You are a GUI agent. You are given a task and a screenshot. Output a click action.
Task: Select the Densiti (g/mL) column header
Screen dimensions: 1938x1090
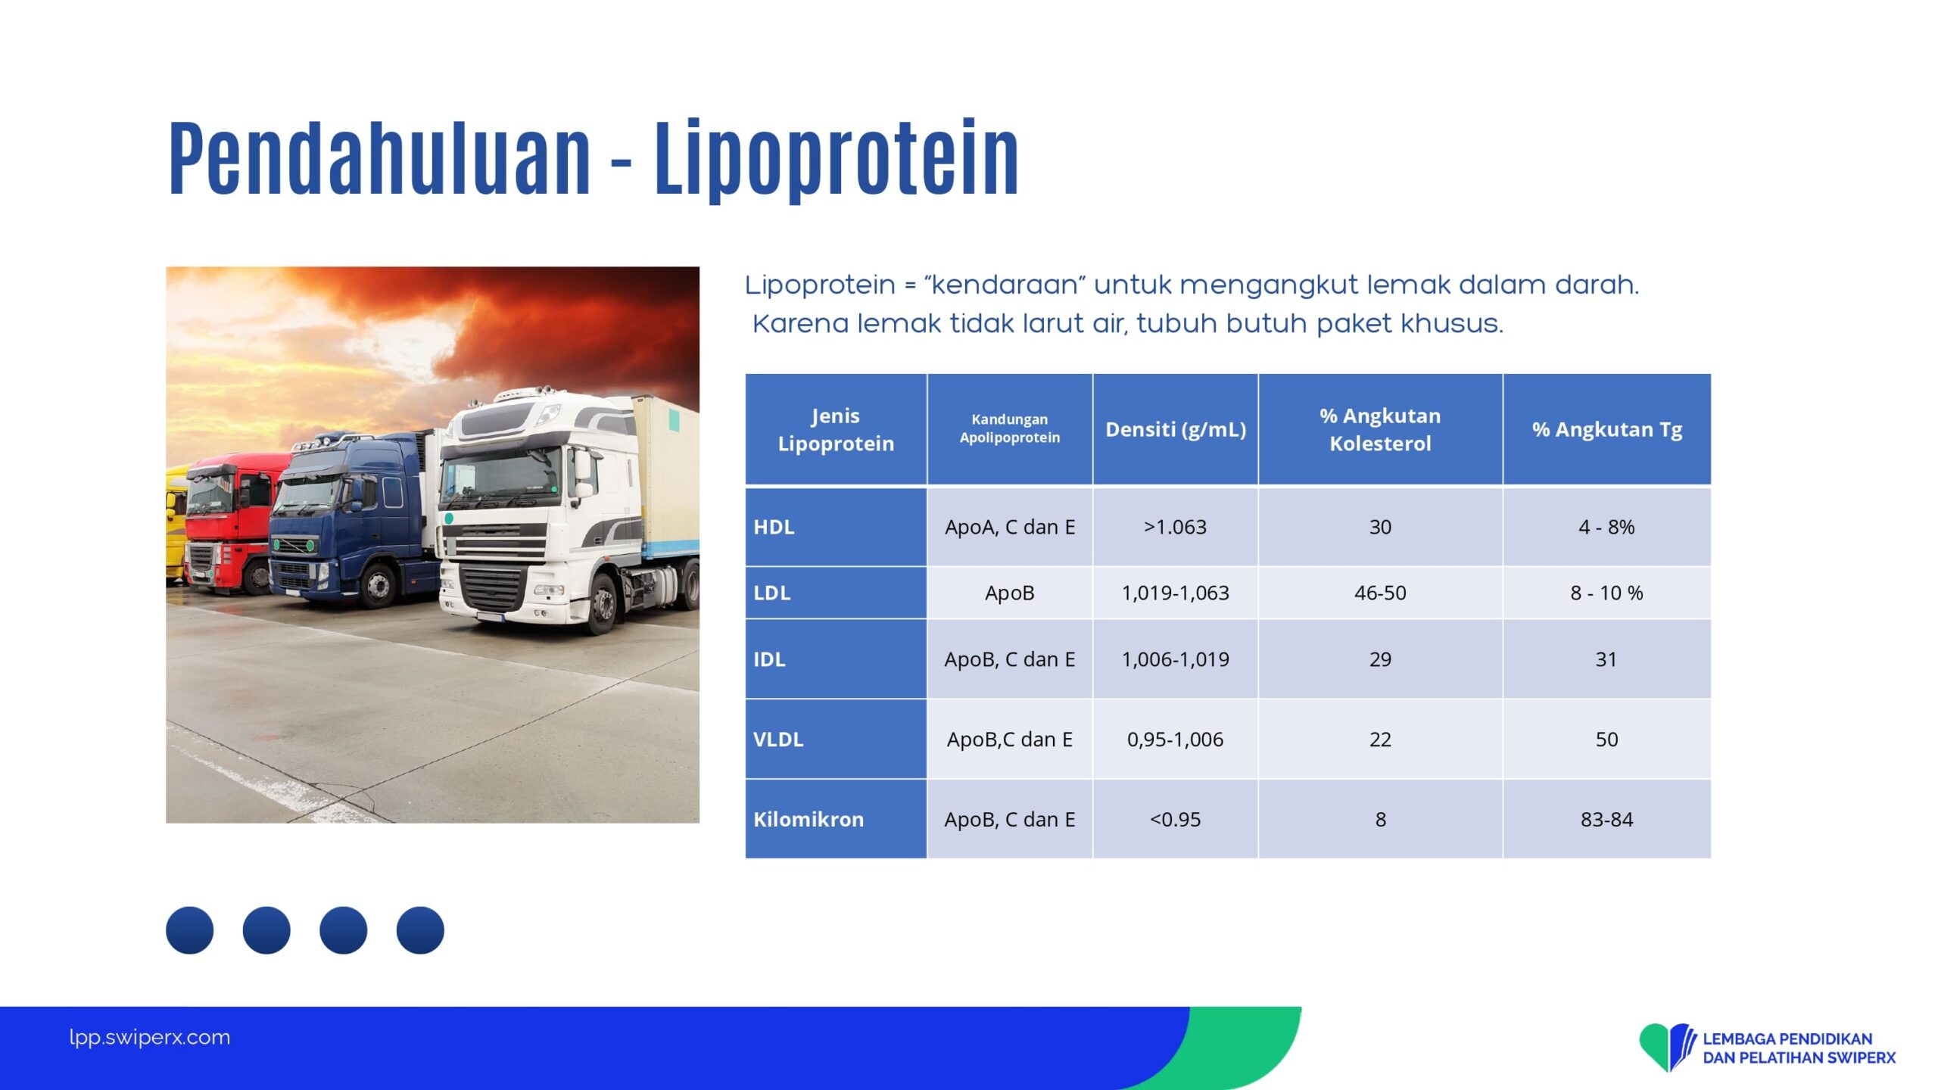(1176, 429)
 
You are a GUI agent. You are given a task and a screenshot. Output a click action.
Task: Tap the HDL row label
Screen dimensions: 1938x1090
(774, 527)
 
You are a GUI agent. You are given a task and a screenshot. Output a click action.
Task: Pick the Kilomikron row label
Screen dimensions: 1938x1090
(809, 819)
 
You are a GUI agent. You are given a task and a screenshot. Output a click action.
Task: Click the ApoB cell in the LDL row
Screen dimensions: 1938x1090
(1009, 593)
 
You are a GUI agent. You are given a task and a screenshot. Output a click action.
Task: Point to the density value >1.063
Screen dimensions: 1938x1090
(1175, 527)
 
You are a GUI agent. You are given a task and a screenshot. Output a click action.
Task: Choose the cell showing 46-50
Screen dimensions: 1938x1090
(1380, 593)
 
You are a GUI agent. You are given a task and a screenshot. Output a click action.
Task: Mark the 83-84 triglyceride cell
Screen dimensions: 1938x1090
(1606, 819)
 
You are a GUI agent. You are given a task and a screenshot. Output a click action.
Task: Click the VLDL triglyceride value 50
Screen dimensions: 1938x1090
(1606, 739)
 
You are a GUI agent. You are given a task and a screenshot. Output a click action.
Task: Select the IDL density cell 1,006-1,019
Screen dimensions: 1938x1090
(1175, 659)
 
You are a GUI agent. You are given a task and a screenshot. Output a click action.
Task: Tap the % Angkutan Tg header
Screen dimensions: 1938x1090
(1606, 429)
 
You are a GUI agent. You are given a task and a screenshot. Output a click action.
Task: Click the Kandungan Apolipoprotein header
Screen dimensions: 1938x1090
(1009, 428)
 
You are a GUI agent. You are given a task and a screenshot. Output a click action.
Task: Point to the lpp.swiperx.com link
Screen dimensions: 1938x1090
(149, 1037)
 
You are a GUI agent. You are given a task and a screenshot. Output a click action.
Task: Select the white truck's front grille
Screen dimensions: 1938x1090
(492, 587)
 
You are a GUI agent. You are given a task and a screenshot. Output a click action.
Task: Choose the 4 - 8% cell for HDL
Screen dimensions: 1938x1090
(1606, 527)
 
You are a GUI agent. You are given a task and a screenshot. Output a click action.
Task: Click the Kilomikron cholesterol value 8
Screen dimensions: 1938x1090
(1380, 819)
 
